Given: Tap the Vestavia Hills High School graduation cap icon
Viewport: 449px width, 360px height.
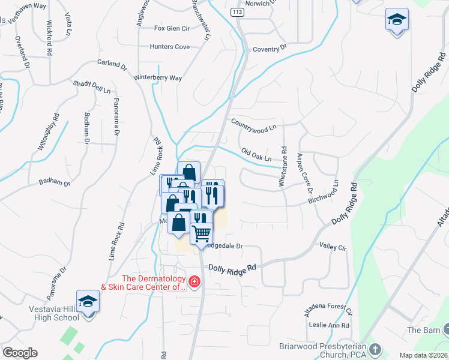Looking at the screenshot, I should [88, 302].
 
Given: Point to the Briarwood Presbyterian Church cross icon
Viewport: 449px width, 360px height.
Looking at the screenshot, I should [375, 349].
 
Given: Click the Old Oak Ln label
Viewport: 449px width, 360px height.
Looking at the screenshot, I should [256, 155].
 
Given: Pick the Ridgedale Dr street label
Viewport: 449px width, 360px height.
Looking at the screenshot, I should [223, 246].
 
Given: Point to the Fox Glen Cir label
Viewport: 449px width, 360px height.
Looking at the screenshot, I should [172, 28].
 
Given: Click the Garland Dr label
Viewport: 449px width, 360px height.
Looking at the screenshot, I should [112, 64].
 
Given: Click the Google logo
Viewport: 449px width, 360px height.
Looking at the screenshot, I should [20, 353].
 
